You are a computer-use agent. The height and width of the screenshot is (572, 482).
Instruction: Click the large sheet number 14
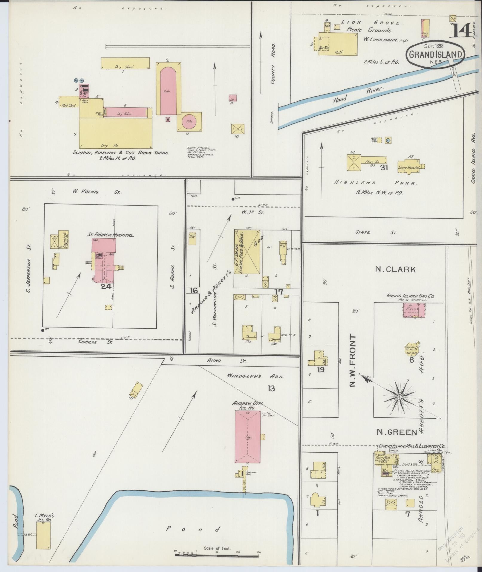[x=462, y=30]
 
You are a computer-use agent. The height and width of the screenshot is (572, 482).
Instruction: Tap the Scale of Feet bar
[x=217, y=556]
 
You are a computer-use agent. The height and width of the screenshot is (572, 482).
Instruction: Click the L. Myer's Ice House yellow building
[x=43, y=536]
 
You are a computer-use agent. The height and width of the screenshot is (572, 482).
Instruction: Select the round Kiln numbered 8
[x=189, y=121]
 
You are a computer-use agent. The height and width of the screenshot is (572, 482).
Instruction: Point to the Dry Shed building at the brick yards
[x=125, y=63]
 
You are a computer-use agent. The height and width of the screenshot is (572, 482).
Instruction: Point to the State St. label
[x=376, y=232]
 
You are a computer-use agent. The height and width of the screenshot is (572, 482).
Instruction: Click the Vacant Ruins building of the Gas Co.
[x=414, y=310]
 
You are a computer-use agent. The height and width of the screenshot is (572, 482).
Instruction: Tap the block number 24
[x=106, y=286]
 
